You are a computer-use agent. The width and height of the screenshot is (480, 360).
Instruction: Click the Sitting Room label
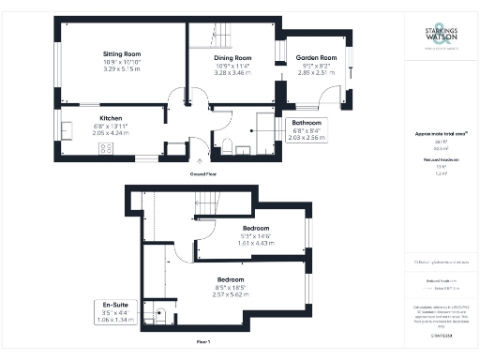121,54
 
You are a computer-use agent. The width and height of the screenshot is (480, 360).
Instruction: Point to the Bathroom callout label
307,123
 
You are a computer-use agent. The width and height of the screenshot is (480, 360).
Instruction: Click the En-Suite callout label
117,305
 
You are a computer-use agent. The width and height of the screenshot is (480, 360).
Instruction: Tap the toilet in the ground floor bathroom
227,144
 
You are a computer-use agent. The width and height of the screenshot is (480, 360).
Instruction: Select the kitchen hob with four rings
68,129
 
